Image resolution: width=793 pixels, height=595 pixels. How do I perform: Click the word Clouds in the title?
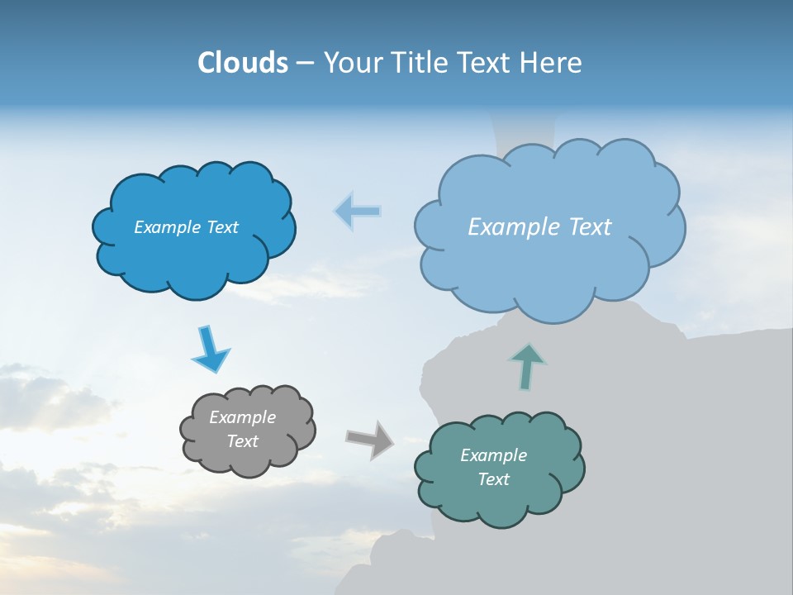click(242, 63)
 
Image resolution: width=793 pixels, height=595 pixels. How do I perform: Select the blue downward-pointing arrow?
click(210, 350)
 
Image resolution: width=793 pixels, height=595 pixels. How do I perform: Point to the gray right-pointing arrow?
click(370, 439)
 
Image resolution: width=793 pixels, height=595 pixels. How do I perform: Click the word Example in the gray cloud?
click(242, 417)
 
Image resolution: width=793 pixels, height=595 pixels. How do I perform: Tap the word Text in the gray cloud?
click(242, 441)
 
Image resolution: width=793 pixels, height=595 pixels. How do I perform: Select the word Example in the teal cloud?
click(493, 455)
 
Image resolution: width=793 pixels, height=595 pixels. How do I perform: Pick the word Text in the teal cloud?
click(493, 479)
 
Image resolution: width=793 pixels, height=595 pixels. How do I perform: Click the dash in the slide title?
click(305, 64)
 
